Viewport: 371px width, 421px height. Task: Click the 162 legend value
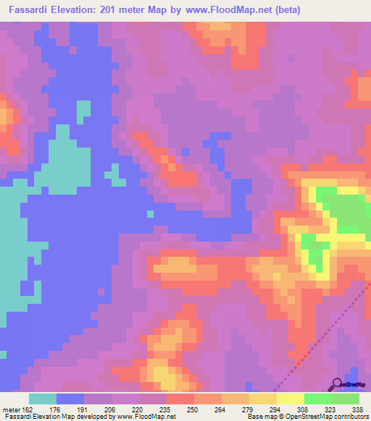click(x=30, y=409)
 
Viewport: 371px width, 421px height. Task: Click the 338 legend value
click(x=355, y=409)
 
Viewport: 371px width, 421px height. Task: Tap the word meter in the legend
click(x=11, y=409)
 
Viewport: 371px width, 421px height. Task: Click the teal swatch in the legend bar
click(x=43, y=399)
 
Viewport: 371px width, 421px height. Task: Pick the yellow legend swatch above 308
click(x=290, y=399)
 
